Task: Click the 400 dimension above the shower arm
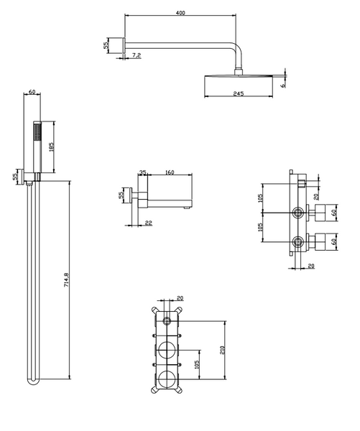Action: (x=180, y=13)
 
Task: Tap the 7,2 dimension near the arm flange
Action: (x=137, y=55)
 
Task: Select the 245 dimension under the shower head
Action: (x=239, y=93)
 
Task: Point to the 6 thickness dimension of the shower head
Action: (x=282, y=85)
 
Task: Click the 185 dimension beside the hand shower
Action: (x=51, y=147)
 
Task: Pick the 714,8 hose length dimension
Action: (x=66, y=280)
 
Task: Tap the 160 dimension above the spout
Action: (x=170, y=172)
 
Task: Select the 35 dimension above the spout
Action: (x=143, y=172)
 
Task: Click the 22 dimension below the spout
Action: (x=148, y=223)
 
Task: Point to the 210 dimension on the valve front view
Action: (x=222, y=350)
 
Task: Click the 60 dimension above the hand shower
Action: (x=32, y=91)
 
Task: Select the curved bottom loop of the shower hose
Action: (x=34, y=382)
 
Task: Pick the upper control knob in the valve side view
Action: (x=320, y=213)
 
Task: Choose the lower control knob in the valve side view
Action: (x=320, y=242)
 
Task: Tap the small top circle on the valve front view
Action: (x=167, y=320)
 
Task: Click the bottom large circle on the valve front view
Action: (x=167, y=379)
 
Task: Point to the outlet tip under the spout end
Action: (x=188, y=208)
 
